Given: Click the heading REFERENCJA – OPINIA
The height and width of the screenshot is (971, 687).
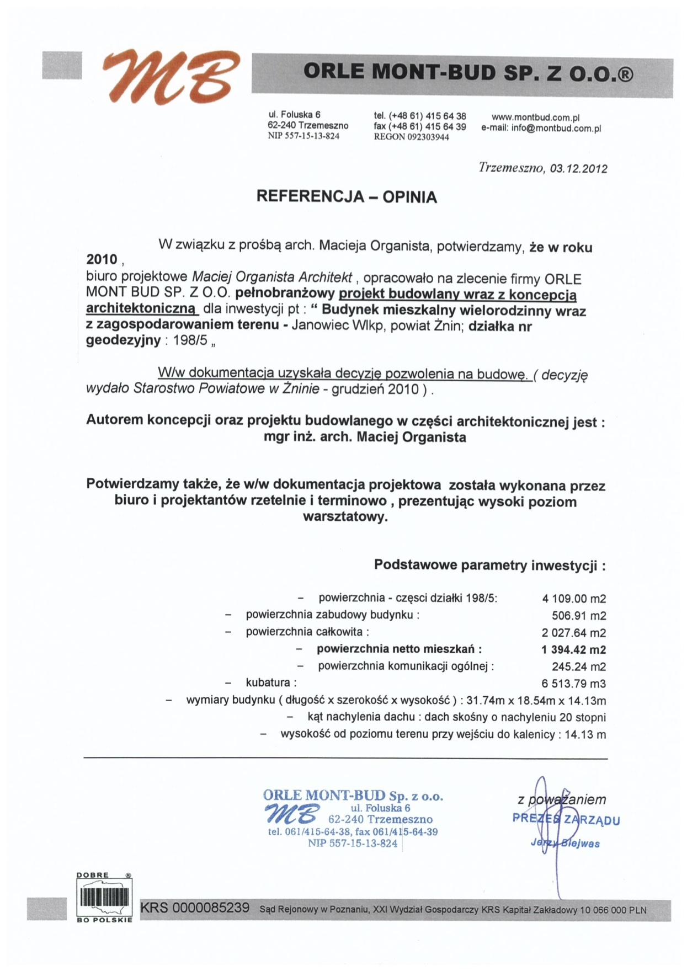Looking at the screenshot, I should point(347,197).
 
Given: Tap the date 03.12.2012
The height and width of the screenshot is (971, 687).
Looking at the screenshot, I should point(578,169).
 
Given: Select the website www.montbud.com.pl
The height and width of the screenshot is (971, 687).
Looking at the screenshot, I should point(535,118).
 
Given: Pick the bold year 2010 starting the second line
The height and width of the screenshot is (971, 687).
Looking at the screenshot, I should point(102,260).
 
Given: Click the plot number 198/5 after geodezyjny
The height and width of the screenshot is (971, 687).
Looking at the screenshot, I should point(190,340).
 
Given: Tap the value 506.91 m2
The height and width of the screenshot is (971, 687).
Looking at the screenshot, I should point(578,616).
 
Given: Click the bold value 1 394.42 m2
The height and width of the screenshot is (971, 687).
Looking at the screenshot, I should point(573,650).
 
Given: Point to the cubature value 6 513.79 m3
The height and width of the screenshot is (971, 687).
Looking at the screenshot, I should point(573,684).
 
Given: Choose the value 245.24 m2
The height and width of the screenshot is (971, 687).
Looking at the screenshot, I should point(578,667).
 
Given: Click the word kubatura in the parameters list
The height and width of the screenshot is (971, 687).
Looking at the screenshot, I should point(268,684).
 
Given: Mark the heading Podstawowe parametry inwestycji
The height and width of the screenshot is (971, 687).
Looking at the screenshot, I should point(489,565).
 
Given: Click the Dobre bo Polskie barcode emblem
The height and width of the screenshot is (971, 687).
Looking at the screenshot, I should point(104,898).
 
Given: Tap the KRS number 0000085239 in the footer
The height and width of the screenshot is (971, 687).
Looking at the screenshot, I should point(211,908).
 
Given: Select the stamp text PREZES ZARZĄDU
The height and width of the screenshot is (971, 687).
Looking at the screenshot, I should point(566,819).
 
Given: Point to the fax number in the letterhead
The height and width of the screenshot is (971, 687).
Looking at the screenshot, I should point(419,127).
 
